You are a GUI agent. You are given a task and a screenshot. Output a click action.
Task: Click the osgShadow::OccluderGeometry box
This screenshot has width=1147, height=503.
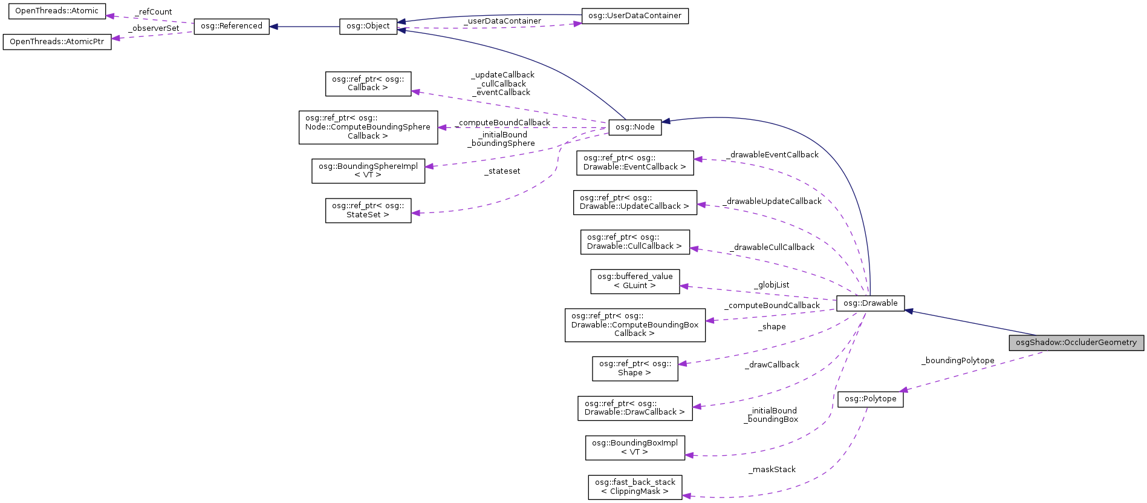(1076, 343)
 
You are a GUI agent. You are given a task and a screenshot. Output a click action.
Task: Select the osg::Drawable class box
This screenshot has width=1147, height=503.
(870, 303)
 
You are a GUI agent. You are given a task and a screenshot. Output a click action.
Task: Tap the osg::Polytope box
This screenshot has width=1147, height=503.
(870, 399)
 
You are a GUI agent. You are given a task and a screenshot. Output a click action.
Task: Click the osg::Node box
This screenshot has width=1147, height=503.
(635, 127)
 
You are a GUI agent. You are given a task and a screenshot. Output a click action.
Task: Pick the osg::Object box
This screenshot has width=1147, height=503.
(368, 27)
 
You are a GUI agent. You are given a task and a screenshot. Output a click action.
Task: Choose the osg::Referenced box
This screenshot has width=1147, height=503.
(231, 26)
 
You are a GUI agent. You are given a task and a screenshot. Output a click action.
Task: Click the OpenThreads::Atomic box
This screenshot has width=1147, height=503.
(57, 11)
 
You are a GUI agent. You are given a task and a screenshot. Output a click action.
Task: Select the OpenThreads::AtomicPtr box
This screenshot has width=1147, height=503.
(57, 42)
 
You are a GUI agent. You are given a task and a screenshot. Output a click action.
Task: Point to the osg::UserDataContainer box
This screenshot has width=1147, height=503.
(634, 16)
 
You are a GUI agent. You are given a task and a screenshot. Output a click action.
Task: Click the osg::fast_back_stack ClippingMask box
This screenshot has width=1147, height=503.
(635, 487)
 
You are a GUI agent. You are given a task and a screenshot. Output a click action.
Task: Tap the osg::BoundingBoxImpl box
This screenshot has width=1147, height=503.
(635, 447)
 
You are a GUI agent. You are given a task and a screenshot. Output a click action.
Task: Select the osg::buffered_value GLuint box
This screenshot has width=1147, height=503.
(635, 281)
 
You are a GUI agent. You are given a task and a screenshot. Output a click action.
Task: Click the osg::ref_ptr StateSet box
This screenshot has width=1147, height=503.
(368, 210)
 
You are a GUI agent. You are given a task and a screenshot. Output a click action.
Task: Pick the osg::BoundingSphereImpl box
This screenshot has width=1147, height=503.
(368, 171)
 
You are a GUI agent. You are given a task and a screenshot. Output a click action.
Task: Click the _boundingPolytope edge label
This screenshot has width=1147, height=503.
(958, 361)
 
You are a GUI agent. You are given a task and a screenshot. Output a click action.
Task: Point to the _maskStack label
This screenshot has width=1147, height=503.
(772, 470)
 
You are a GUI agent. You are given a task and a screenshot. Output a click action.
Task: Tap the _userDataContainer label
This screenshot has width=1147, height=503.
(502, 21)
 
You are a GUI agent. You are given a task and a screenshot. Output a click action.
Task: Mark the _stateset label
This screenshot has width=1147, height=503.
(502, 171)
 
